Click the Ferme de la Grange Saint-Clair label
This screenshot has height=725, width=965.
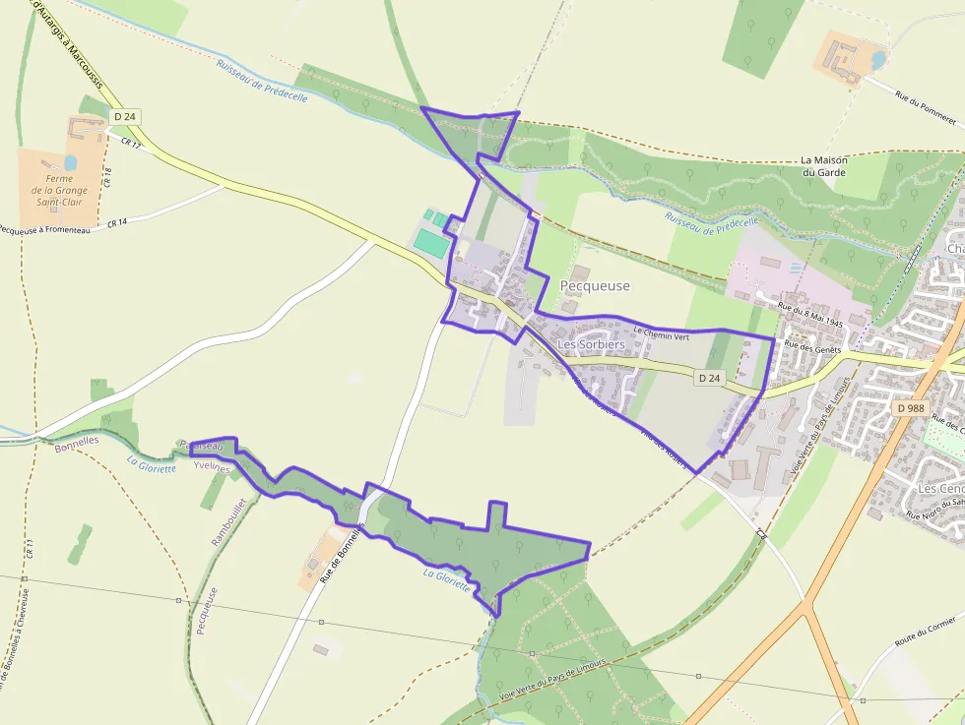click(x=59, y=190)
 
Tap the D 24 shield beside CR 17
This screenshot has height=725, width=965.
click(x=125, y=116)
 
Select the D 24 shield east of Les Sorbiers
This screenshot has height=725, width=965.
click(x=709, y=378)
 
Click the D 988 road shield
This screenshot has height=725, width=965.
click(x=912, y=407)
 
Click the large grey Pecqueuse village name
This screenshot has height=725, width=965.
click(x=595, y=285)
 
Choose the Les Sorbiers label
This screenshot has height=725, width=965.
click(x=591, y=345)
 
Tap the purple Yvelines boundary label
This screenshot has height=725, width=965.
click(x=212, y=468)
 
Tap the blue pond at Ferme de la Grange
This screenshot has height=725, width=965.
click(x=71, y=161)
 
